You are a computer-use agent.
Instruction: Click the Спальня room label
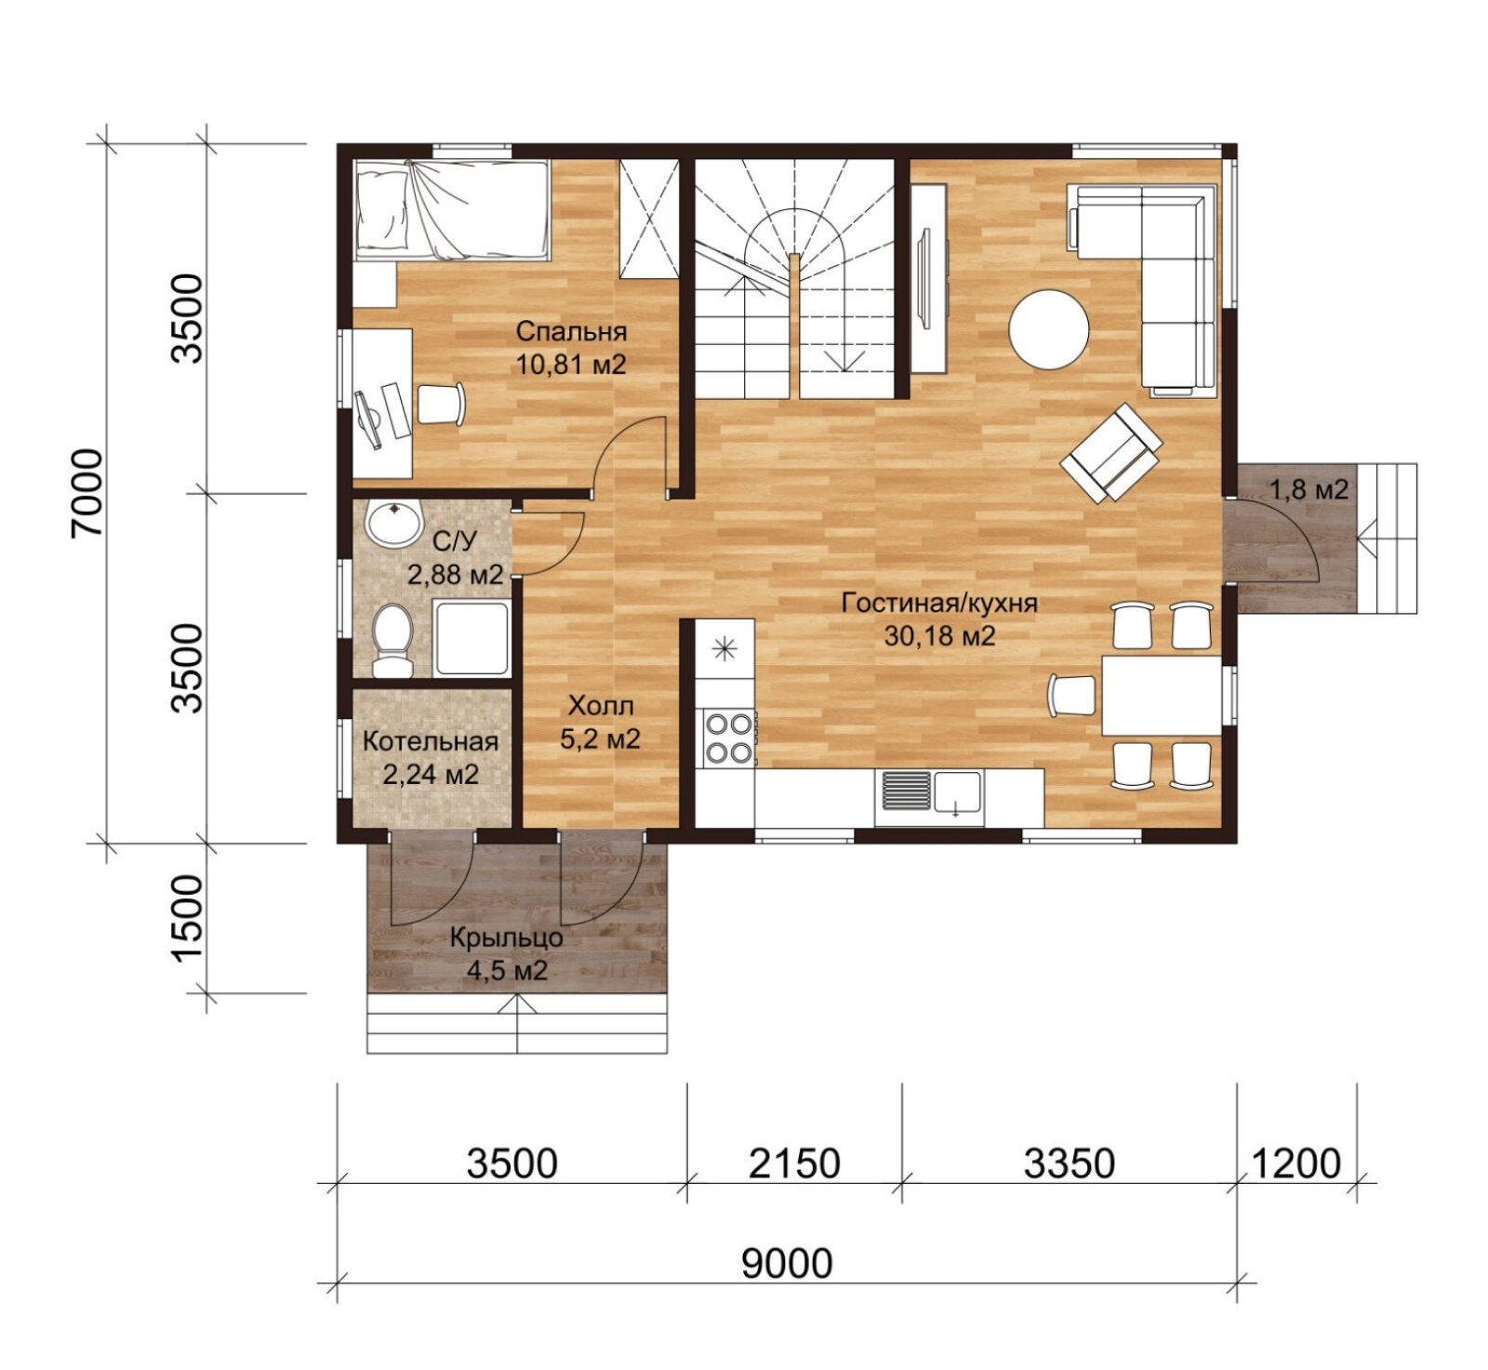point(571,331)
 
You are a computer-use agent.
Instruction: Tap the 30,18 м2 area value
point(939,636)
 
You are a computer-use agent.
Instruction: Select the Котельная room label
point(431,741)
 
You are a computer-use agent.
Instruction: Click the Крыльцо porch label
point(507,938)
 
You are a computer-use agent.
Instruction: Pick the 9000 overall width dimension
point(787,1263)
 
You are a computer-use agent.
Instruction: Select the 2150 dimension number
point(794,1164)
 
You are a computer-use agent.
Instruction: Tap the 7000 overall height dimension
point(87,493)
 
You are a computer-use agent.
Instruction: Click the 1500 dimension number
point(187,919)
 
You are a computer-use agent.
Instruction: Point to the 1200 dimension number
point(1296,1164)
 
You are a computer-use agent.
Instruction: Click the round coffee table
point(1049,330)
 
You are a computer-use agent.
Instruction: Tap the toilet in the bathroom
point(392,640)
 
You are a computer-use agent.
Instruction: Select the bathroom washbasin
point(394,524)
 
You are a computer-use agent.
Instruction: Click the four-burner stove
point(728,738)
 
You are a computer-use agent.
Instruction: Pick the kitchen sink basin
point(958,793)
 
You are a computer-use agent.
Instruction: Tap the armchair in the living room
point(1111,452)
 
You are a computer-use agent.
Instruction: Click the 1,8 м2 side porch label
point(1309,489)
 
